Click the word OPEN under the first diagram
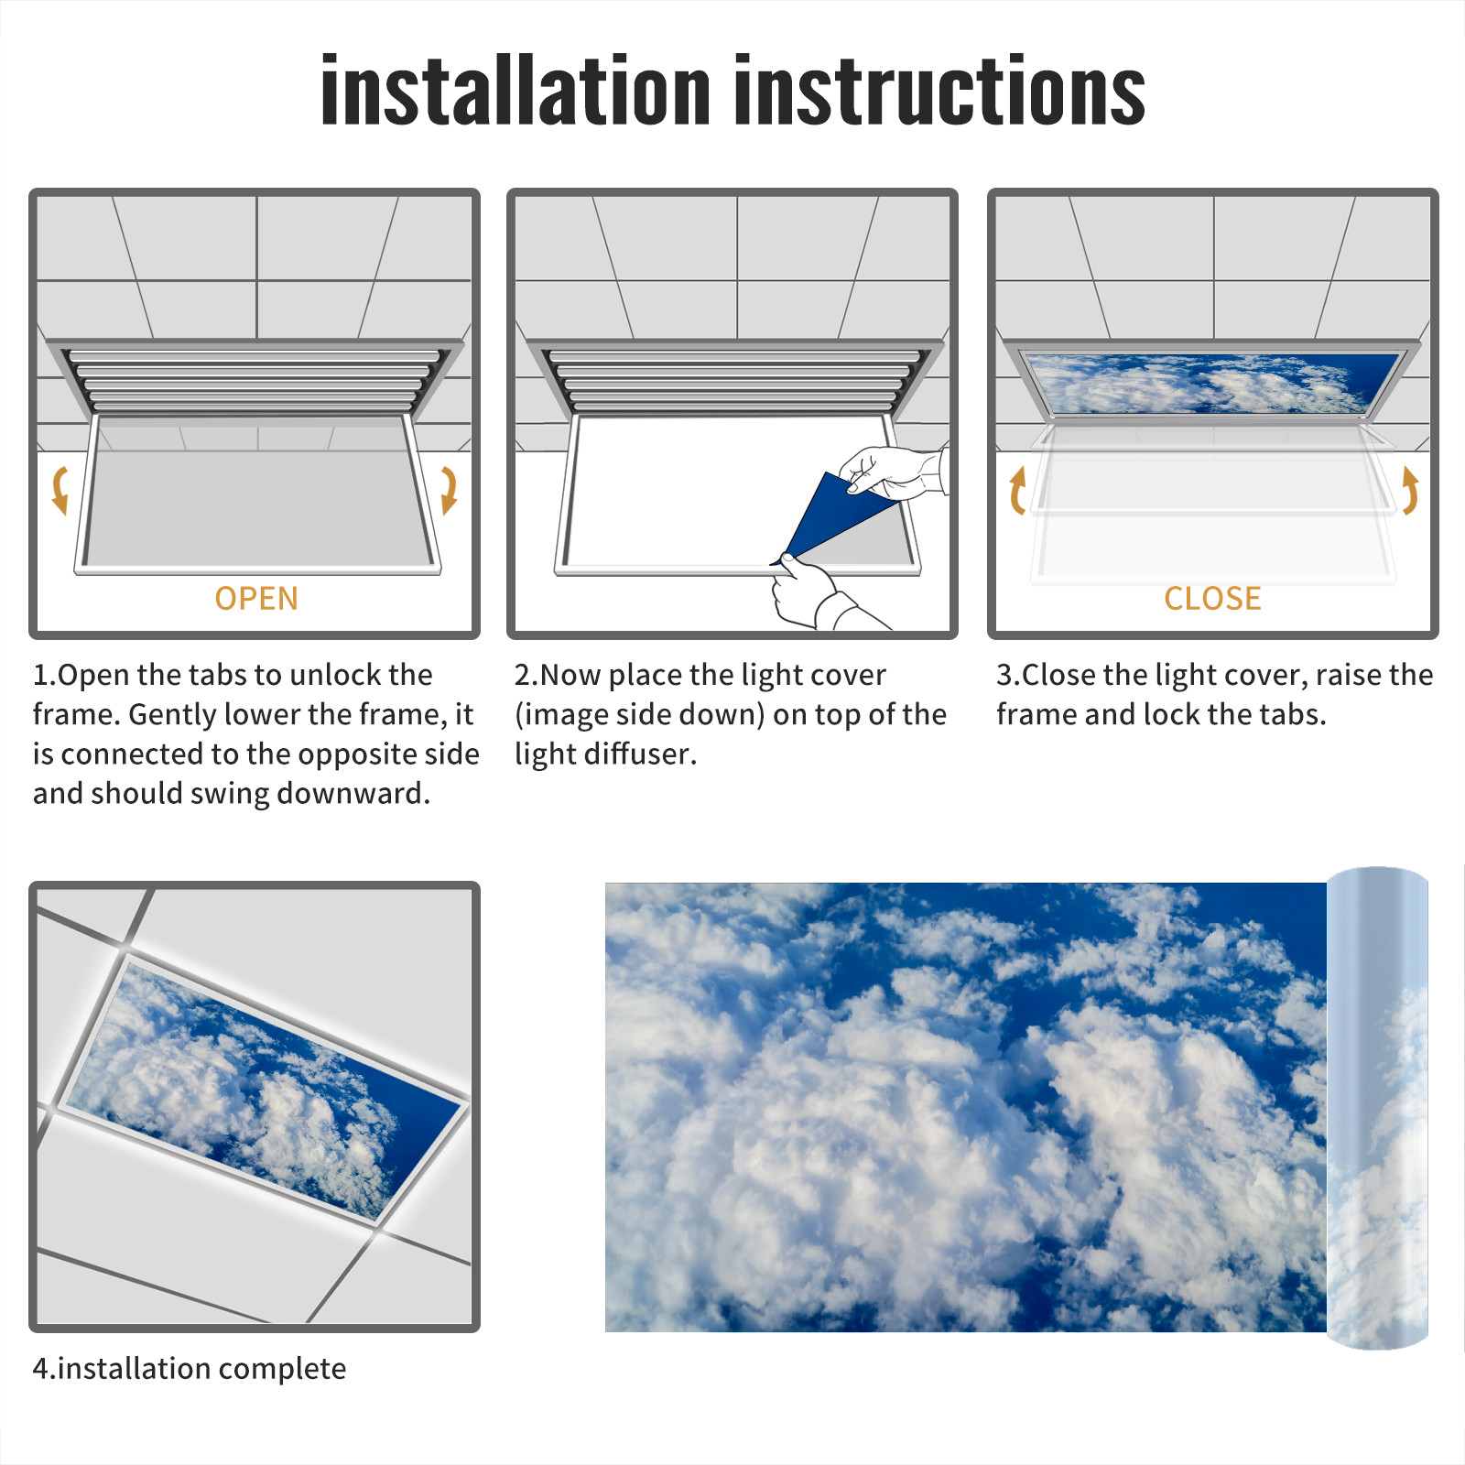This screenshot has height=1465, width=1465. coord(256,599)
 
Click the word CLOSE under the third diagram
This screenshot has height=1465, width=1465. coord(1212,599)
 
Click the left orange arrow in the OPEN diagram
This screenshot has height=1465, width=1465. coord(60,491)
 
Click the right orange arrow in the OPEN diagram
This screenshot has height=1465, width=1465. coord(449,491)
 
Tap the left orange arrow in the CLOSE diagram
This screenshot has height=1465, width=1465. coord(1017,491)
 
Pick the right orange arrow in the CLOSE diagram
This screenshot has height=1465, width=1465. coord(1410,491)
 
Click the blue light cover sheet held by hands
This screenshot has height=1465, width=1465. coord(829,517)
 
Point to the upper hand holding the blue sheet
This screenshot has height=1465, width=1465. coord(893,472)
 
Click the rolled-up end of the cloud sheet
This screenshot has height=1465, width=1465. coord(1378,1108)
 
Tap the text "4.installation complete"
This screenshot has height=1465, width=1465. coord(190,1369)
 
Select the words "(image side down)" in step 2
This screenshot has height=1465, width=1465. coord(640,715)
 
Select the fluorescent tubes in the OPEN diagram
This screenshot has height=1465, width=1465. coord(255,380)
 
